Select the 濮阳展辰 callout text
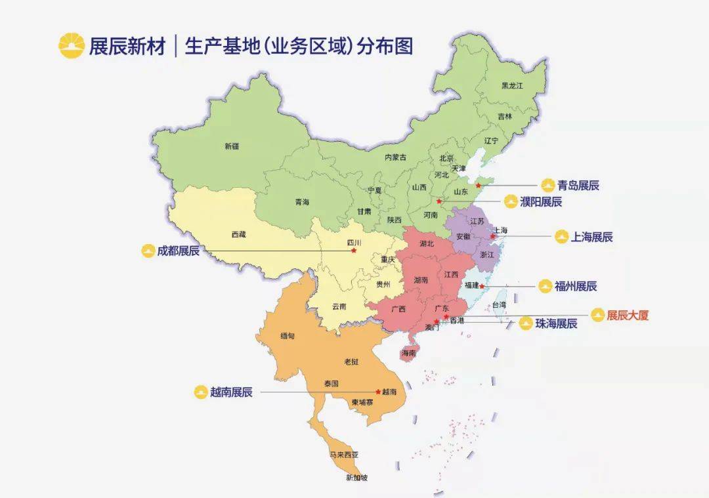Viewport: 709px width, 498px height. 541,202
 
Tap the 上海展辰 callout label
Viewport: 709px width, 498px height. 591,237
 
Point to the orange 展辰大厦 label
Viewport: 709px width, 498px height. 628,316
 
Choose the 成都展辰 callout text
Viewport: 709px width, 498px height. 179,251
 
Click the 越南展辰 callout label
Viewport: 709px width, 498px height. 231,392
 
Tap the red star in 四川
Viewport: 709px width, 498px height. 353,251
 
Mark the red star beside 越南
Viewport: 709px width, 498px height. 377,392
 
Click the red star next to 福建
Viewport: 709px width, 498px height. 482,286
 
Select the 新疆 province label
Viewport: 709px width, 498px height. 231,146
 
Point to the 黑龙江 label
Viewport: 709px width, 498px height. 512,86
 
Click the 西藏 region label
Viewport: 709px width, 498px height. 238,234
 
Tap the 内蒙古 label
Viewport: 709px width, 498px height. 395,157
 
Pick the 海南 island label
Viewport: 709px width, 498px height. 408,353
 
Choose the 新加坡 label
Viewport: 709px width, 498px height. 356,478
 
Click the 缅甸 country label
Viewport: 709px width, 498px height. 287,336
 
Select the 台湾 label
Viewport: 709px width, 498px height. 499,305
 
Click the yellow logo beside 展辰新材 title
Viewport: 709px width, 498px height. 72,46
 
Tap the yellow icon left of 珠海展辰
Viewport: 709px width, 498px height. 525,323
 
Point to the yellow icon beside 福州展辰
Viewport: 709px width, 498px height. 545,287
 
